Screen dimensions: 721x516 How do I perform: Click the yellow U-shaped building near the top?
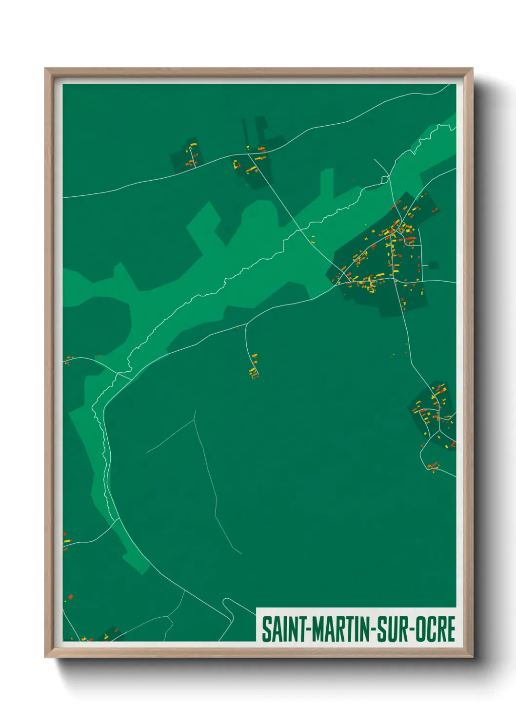237,165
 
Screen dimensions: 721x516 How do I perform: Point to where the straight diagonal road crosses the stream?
298,226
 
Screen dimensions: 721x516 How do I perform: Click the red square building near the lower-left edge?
71,597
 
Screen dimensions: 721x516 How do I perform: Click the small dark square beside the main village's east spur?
433,266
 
